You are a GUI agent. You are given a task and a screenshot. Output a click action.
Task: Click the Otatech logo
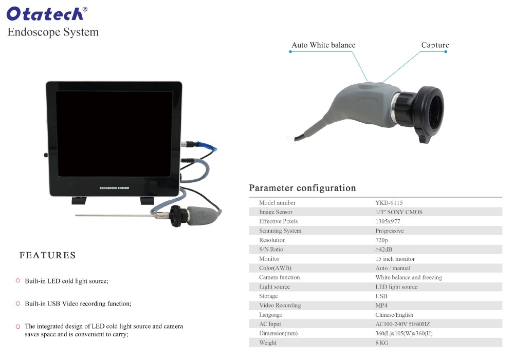point(47,14)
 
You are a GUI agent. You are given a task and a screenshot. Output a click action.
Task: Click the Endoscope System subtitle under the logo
point(53,32)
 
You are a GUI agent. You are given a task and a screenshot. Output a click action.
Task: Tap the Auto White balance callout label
point(323,45)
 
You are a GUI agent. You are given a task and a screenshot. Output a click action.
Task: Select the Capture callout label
point(435,45)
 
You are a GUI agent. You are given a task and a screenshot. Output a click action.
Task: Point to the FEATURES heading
point(47,255)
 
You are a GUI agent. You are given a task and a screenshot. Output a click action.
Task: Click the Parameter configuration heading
point(303,188)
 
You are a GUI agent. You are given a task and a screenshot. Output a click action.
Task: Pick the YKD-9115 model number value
point(389,203)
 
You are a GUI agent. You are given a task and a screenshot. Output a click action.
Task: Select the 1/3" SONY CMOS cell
point(399,212)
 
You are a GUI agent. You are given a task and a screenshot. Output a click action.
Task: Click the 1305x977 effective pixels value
point(388,221)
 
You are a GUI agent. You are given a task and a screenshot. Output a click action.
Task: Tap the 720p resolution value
point(381,240)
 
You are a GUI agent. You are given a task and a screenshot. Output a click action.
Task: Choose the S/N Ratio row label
point(271,249)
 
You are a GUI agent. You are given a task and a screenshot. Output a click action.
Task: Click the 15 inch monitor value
point(395,259)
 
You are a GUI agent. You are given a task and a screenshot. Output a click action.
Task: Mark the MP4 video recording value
point(381,305)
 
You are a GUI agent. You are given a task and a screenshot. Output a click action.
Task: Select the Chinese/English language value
point(394,315)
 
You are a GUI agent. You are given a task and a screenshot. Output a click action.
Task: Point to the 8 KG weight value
point(382,343)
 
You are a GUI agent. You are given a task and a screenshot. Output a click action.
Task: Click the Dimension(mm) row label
point(278,333)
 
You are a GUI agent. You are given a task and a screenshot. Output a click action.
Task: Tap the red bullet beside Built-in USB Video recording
point(18,304)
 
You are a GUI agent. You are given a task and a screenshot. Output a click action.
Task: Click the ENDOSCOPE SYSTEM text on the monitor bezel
point(115,188)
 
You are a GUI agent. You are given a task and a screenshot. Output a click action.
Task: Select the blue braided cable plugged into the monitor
point(206,146)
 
